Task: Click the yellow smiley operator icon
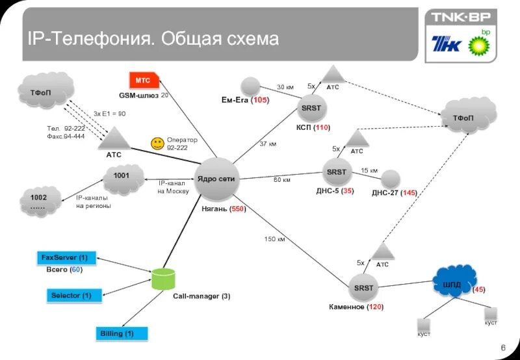[157, 144]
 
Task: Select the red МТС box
[143, 81]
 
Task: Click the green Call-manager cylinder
[163, 279]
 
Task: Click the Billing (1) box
[122, 334]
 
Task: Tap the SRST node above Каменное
[364, 287]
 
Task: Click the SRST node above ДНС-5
[337, 172]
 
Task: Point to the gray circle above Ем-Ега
[250, 86]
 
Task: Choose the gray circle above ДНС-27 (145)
[390, 179]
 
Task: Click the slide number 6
[503, 350]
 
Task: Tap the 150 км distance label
[274, 239]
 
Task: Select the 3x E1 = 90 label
[109, 114]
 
